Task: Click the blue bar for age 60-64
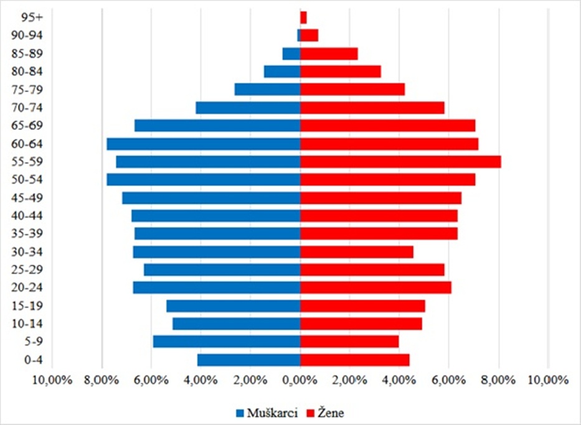pos(203,144)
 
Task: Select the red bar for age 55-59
pos(400,162)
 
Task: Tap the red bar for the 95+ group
pos(303,17)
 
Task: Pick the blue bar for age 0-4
pos(248,360)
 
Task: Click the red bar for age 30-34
pos(356,252)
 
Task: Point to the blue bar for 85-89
pos(291,54)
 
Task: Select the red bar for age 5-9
pos(349,342)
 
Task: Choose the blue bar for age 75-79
pos(267,90)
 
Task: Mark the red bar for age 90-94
pos(309,35)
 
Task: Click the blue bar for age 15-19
pos(233,306)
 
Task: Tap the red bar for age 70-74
pos(372,108)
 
